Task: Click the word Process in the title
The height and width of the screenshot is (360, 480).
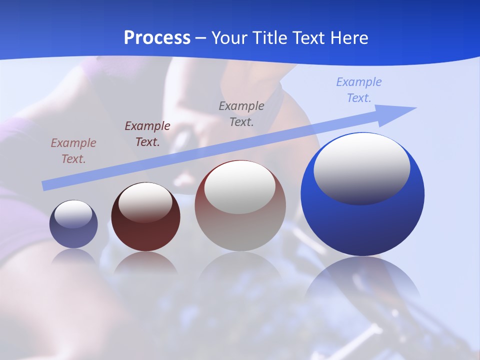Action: click(x=157, y=38)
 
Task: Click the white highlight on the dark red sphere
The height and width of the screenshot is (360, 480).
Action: click(x=145, y=202)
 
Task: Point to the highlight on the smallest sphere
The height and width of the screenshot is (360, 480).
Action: click(x=73, y=214)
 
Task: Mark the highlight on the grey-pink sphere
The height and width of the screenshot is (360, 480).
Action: click(x=240, y=186)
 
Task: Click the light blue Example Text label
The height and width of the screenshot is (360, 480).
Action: click(x=359, y=90)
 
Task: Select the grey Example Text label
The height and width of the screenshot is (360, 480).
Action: click(x=241, y=113)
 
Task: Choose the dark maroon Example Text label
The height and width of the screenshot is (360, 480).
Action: click(x=147, y=134)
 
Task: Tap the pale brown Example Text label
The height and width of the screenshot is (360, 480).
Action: click(x=73, y=151)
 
